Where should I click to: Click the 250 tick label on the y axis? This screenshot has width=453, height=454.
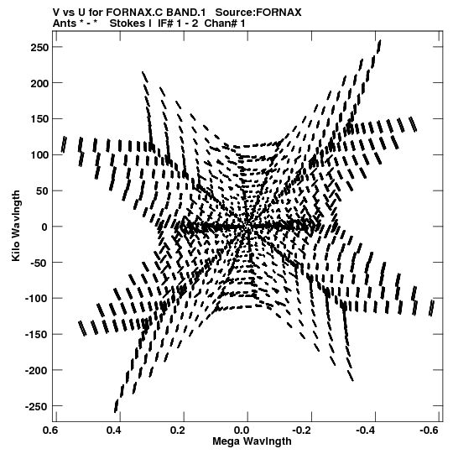click(39, 47)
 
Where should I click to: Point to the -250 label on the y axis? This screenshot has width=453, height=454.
click(36, 406)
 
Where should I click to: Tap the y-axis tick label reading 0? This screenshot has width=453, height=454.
click(44, 227)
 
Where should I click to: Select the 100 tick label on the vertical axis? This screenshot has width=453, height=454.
click(39, 155)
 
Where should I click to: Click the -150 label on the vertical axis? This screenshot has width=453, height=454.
click(36, 335)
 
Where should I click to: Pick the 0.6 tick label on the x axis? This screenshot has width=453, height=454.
click(49, 431)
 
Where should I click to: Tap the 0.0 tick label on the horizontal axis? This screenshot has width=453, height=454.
click(241, 431)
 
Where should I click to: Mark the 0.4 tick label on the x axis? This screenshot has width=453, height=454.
click(114, 431)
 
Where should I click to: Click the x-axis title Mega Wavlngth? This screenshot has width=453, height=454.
click(253, 441)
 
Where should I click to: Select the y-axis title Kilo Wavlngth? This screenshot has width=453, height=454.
click(16, 226)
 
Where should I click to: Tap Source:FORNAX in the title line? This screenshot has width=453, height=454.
click(258, 13)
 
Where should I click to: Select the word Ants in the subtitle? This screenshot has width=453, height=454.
click(65, 23)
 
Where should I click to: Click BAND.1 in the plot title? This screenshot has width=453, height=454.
click(185, 13)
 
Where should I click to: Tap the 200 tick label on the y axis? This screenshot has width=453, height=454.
click(39, 83)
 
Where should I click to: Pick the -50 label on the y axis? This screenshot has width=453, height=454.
click(39, 263)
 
